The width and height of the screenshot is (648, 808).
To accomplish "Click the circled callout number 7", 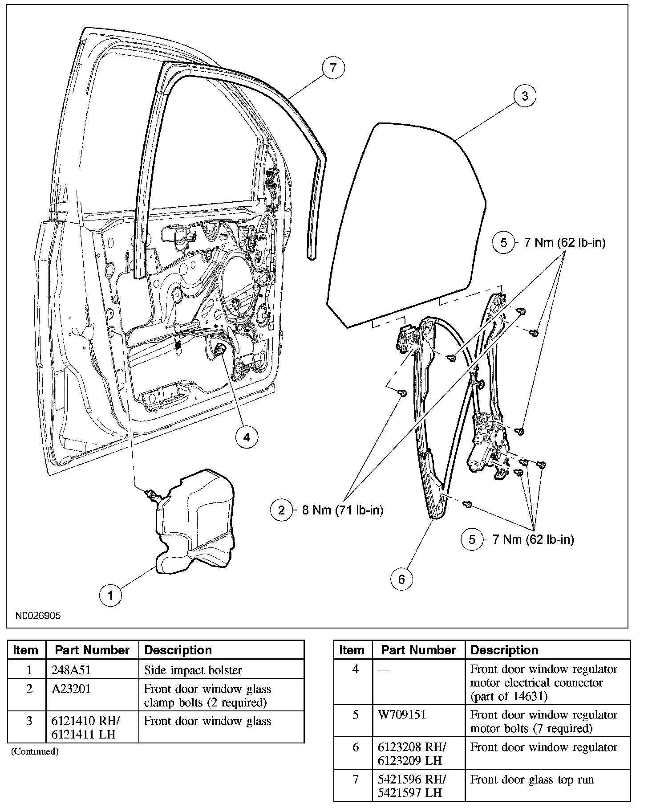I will [x=333, y=69].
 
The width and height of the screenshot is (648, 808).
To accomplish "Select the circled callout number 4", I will [x=247, y=437].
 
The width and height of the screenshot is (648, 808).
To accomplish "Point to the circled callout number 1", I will [x=110, y=595].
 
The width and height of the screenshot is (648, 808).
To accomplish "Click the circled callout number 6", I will [x=401, y=579].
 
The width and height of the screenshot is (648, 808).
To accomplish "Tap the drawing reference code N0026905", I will [x=38, y=616].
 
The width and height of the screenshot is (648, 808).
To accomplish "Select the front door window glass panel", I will [x=405, y=223].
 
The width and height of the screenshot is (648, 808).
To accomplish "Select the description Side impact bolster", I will [x=193, y=670].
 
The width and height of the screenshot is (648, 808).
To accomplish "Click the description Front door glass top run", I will [x=532, y=779].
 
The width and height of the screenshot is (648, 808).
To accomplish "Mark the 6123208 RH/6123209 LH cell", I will [x=412, y=754].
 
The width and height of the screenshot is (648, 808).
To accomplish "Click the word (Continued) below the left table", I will [x=35, y=752].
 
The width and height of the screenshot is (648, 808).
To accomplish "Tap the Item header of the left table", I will [x=26, y=650].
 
